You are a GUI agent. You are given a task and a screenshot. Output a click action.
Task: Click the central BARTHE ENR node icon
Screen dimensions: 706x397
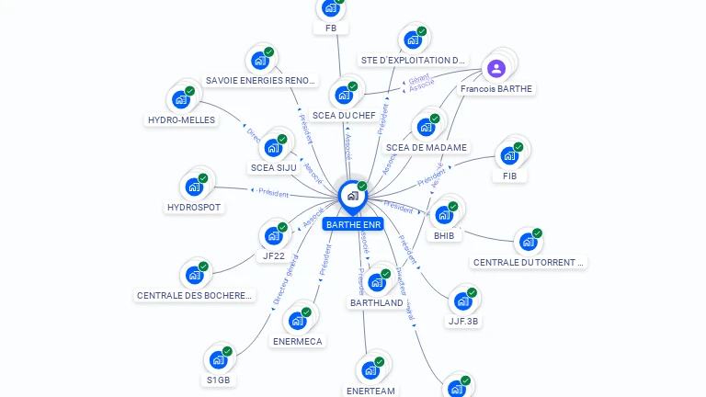[x=352, y=196]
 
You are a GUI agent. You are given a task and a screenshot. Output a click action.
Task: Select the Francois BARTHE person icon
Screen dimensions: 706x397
[x=496, y=68]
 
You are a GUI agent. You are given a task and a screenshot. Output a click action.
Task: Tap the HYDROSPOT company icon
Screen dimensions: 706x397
[x=194, y=187]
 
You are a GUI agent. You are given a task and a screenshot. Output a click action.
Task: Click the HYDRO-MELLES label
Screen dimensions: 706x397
[x=181, y=119]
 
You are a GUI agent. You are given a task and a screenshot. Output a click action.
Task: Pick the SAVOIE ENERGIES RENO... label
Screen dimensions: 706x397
[x=261, y=81]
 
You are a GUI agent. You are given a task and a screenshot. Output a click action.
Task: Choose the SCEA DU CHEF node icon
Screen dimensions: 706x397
[x=344, y=95]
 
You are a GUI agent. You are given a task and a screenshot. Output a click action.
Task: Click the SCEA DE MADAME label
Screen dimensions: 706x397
[x=427, y=147]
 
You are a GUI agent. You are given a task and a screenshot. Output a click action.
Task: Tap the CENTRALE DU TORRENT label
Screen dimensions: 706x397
[x=529, y=262]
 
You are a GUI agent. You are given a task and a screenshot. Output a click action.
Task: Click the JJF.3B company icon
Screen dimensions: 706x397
[x=463, y=301]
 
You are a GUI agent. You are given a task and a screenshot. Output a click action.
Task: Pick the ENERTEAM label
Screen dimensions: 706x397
[x=370, y=391]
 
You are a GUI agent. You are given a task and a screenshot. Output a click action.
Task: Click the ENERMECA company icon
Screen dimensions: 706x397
[x=298, y=321]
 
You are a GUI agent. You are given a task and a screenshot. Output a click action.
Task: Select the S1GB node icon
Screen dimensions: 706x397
[x=219, y=359]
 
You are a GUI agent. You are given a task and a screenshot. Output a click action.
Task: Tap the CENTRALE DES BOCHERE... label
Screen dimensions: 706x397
[x=194, y=296]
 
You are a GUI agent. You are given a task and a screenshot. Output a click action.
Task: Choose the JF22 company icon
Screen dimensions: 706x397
[x=273, y=235]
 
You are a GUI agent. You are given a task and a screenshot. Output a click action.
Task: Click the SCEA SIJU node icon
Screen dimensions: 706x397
[x=274, y=147]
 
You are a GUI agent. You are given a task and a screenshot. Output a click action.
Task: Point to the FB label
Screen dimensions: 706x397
[x=331, y=28]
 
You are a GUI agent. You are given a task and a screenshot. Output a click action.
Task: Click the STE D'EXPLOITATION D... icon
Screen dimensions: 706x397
[x=413, y=40]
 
